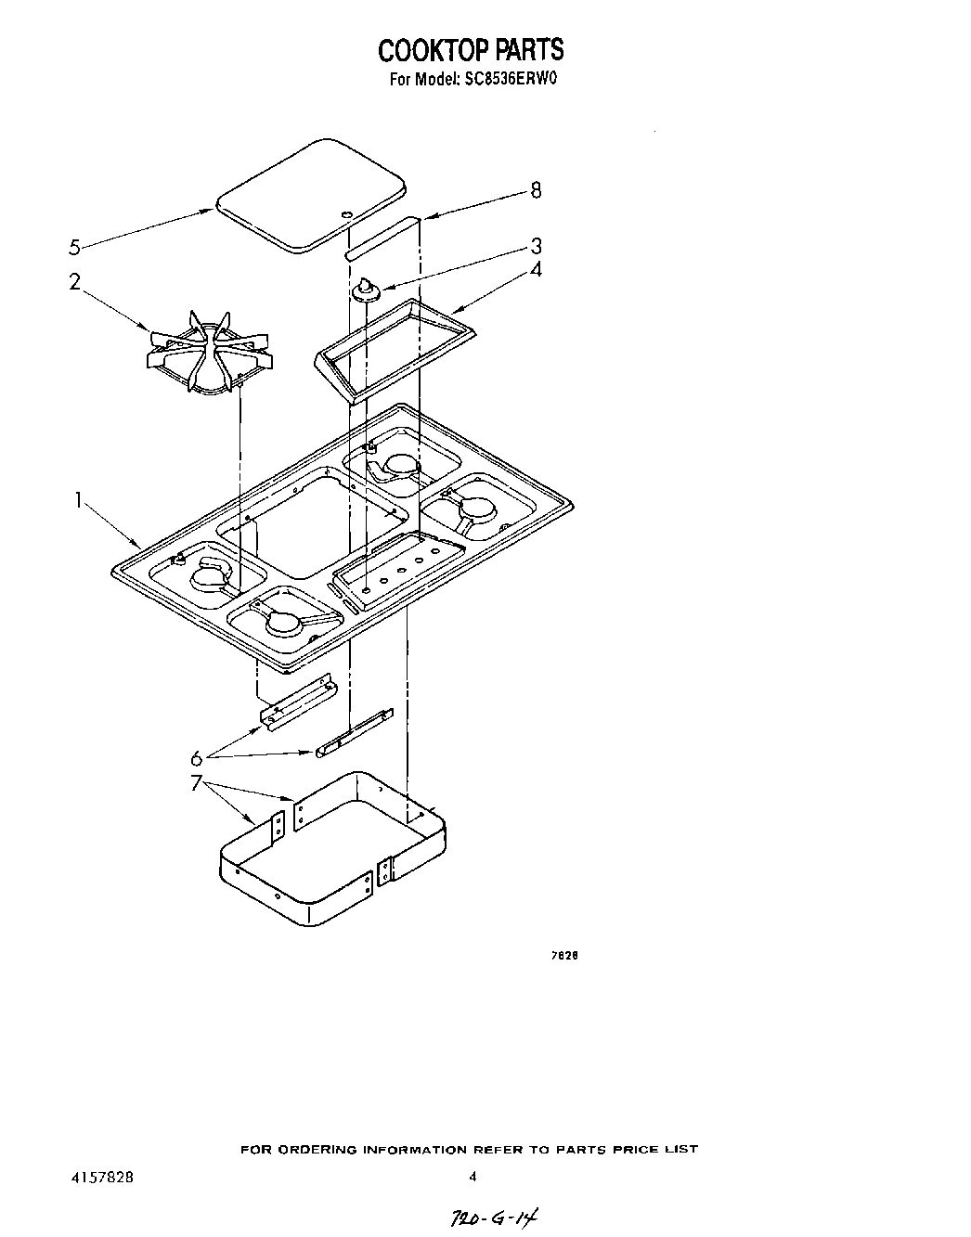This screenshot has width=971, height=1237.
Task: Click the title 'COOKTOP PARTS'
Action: tap(470, 48)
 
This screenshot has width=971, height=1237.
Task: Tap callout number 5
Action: tap(75, 247)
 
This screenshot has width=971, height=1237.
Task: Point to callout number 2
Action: tap(74, 281)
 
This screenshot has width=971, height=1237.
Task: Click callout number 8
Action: tap(535, 190)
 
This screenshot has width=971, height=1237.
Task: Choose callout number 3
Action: tap(536, 246)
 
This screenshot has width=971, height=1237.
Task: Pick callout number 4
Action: tap(536, 269)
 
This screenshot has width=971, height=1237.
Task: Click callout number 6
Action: tap(197, 757)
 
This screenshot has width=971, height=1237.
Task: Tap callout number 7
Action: tap(197, 782)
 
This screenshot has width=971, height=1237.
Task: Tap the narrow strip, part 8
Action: tap(382, 237)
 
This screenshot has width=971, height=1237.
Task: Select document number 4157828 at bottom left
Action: tap(102, 1177)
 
